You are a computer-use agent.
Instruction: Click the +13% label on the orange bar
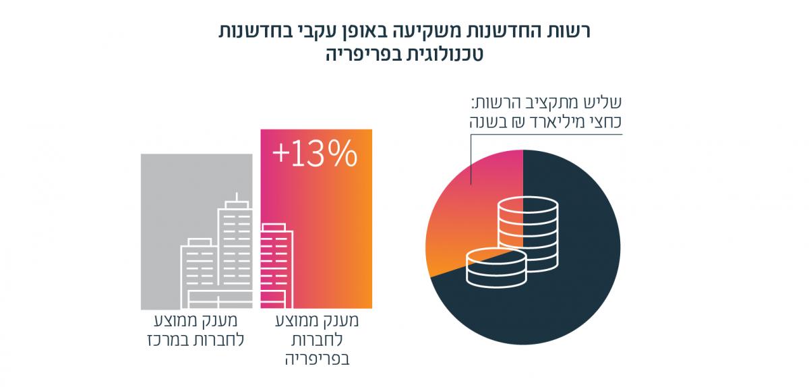click(314, 154)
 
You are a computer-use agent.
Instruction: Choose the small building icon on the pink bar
click(276, 263)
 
